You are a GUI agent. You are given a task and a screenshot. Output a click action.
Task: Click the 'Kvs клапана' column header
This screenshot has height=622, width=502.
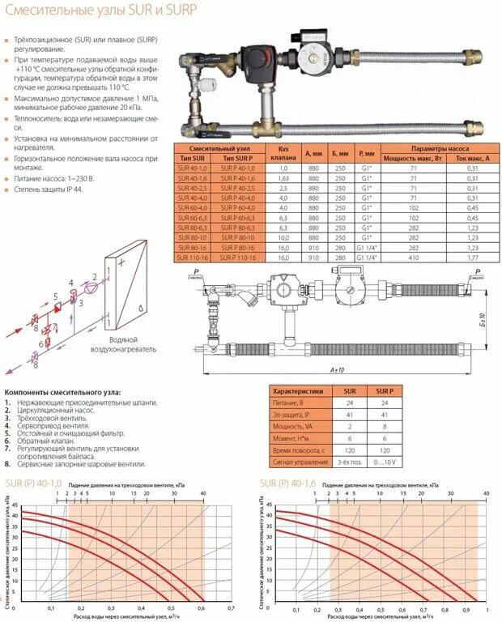click(x=283, y=154)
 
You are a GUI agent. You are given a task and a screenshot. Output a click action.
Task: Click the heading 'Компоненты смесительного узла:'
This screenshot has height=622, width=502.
click(x=62, y=393)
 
